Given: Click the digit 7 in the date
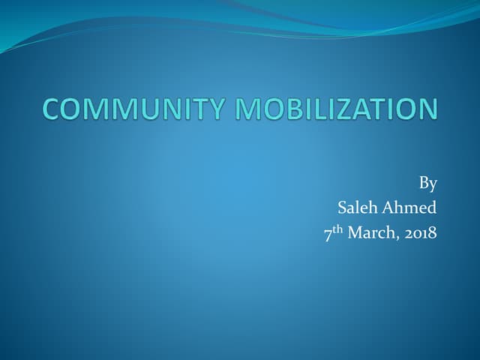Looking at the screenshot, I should [328, 234].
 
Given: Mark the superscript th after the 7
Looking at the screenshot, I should [339, 229].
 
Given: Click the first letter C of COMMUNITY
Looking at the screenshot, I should [51, 109].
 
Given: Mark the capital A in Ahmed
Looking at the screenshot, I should [394, 208].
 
